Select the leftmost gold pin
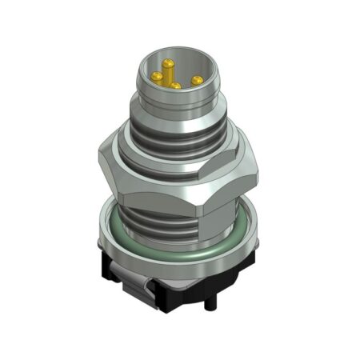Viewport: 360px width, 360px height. coord(158,76)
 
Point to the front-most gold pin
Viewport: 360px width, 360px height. coord(175,84)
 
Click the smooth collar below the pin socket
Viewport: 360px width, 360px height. coord(172,108)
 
